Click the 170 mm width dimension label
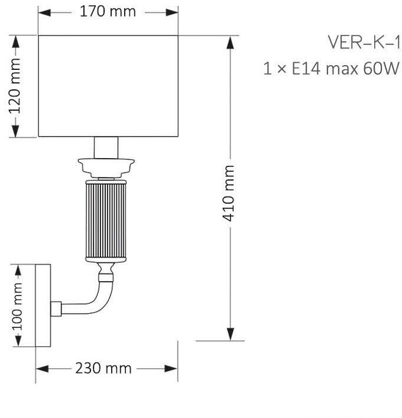point(108,12)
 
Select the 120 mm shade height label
point(15,86)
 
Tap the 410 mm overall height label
point(228,194)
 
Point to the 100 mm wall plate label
point(17,306)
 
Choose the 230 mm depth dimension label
point(103,368)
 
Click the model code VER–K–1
point(364,43)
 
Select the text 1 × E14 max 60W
point(332,68)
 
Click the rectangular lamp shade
point(108,86)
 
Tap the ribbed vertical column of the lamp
point(106,221)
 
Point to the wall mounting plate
point(43,306)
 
